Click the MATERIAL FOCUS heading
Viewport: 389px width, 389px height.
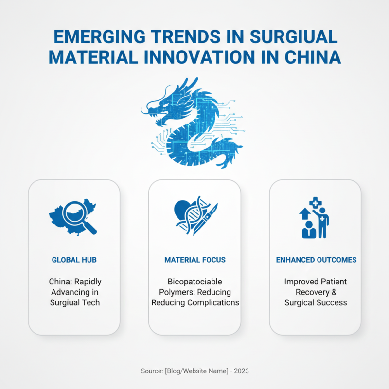(x=194, y=260)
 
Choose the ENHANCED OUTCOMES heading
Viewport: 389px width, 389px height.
(x=316, y=260)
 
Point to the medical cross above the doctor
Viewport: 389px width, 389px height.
(x=315, y=202)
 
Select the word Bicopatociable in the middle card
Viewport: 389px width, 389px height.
(x=187, y=282)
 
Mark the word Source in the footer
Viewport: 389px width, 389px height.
(x=152, y=371)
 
